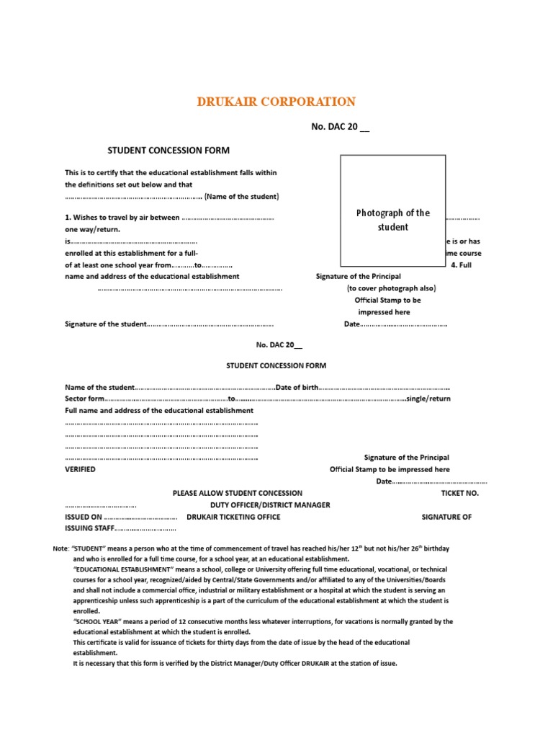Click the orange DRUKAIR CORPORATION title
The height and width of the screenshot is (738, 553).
[276, 102]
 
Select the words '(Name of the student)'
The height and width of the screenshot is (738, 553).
[241, 197]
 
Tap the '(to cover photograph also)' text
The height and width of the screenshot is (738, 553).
[391, 288]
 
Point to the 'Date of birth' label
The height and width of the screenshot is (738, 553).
[297, 388]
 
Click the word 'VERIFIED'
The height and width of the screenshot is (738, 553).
[80, 469]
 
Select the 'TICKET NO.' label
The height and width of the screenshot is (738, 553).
[459, 494]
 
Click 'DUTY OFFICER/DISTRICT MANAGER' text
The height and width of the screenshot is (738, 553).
[265, 505]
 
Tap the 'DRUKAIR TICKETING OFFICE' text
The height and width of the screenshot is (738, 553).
[233, 517]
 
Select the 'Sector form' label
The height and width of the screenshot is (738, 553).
[85, 399]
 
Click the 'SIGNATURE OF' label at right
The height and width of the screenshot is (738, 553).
[446, 517]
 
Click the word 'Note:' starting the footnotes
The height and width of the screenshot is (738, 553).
[61, 549]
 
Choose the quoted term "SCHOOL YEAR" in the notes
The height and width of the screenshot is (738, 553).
[98, 621]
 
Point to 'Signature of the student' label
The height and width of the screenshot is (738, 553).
[106, 324]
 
